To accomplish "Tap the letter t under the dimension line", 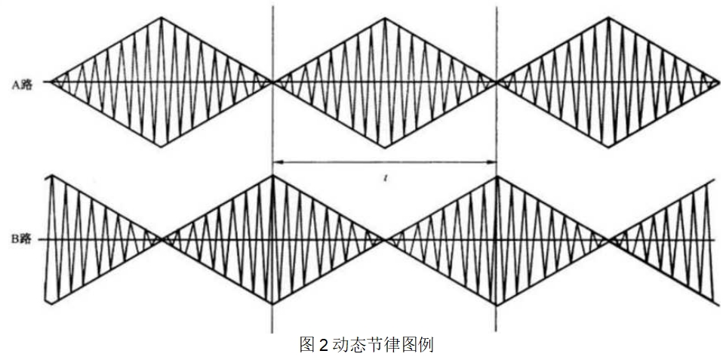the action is [384, 177].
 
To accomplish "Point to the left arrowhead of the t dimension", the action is [278, 162].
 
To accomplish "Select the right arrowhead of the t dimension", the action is [491, 162].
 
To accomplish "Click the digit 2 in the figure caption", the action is [322, 345].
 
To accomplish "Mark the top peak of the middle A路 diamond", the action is [384, 18].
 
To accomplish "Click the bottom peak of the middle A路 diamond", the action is [385, 147].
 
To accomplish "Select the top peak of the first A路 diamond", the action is [162, 17].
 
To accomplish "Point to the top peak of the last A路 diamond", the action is [608, 18].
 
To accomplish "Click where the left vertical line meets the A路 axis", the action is [273, 83].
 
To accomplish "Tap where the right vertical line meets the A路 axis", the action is [496, 83].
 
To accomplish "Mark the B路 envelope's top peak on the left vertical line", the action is [273, 175].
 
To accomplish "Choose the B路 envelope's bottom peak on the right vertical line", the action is [496, 304].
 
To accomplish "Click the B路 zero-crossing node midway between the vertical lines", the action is [384, 239].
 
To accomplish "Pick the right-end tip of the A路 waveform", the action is [718, 83].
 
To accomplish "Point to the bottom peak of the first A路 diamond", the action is [162, 146].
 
